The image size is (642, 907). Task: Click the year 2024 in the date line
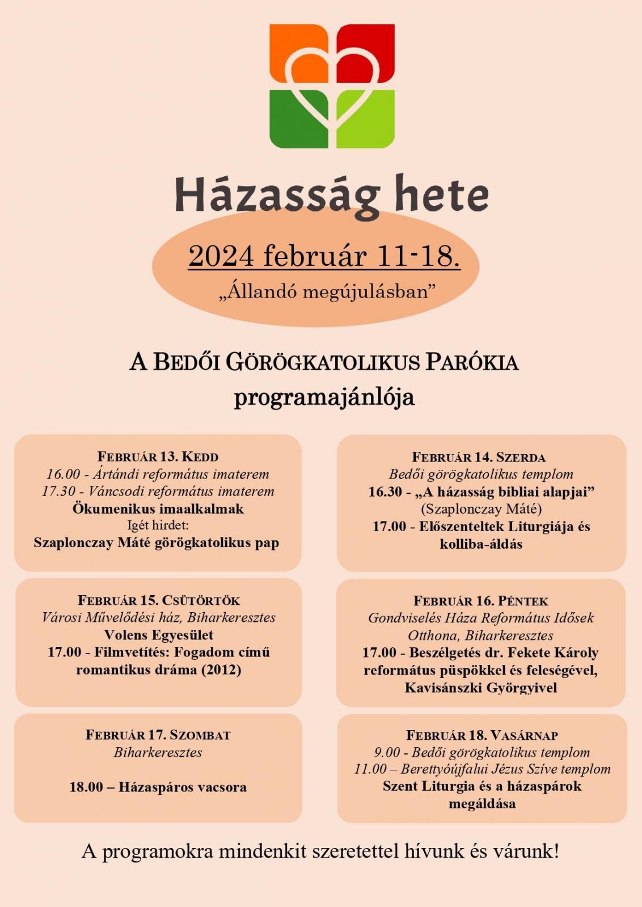click(x=221, y=256)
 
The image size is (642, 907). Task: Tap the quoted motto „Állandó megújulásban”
click(x=328, y=292)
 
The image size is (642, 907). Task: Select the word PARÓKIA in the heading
click(x=472, y=362)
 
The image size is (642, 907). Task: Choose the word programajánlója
click(x=324, y=397)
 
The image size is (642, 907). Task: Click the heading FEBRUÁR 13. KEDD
click(x=158, y=457)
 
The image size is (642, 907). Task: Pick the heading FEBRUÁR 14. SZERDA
click(x=479, y=457)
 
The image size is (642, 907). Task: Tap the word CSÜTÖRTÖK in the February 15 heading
click(x=201, y=601)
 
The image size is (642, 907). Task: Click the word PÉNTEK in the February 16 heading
click(x=523, y=601)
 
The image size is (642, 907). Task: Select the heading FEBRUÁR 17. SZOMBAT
click(x=158, y=735)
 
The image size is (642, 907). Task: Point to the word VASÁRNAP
click(x=524, y=736)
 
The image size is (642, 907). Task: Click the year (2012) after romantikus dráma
click(x=223, y=670)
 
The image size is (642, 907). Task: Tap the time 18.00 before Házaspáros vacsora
click(x=86, y=787)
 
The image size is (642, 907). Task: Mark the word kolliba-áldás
click(x=481, y=544)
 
